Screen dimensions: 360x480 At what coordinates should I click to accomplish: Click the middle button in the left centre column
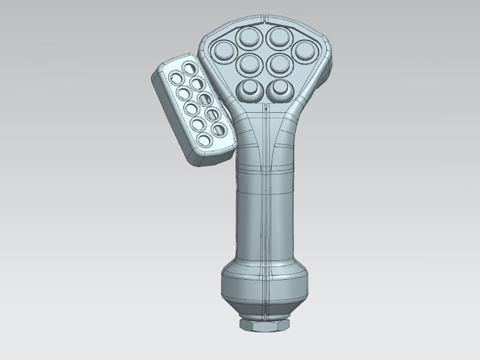click(x=249, y=64)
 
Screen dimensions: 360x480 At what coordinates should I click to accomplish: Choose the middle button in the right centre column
click(x=276, y=64)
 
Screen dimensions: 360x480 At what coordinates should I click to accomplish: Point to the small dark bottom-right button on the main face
click(x=278, y=89)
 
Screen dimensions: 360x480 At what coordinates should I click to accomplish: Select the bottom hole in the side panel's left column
click(x=204, y=140)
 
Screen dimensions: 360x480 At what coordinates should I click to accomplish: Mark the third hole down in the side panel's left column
click(x=191, y=108)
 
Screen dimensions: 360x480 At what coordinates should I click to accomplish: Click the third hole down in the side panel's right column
click(x=204, y=99)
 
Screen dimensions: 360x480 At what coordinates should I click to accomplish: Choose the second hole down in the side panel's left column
click(x=183, y=93)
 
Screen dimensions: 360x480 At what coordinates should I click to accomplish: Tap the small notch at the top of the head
click(x=264, y=19)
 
